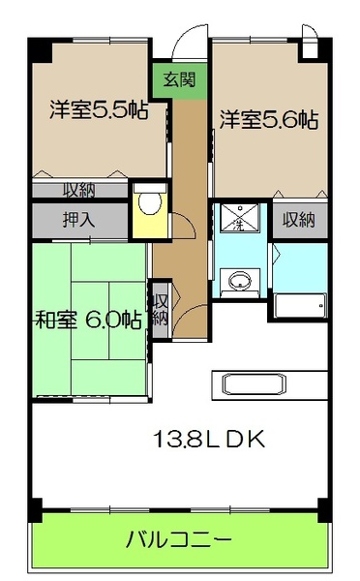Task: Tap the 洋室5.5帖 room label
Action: click(x=99, y=110)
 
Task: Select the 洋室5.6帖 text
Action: click(x=268, y=120)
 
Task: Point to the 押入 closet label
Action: click(x=78, y=219)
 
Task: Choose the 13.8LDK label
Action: click(x=207, y=439)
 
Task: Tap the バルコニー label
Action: click(x=178, y=538)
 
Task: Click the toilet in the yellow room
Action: click(x=149, y=204)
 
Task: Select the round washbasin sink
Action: click(x=237, y=283)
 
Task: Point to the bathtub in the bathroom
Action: click(x=299, y=307)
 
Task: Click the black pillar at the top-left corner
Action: click(x=36, y=47)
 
